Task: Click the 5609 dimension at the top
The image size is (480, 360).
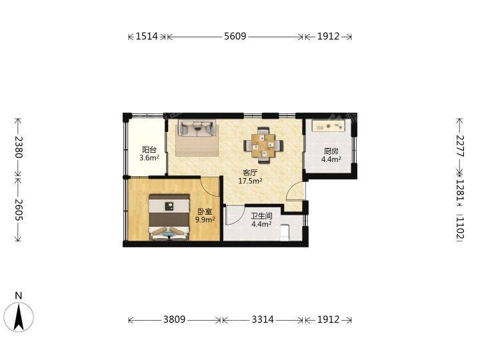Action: tap(235, 37)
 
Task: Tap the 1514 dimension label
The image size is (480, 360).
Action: tap(147, 37)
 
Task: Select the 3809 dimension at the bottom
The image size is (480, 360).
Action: tap(174, 319)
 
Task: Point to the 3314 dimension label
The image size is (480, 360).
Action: tap(263, 319)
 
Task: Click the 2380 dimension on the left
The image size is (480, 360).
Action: tap(19, 147)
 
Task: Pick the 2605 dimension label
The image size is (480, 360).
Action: tap(19, 210)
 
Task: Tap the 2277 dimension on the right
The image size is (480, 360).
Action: tap(460, 146)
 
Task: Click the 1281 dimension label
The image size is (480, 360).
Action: tap(460, 190)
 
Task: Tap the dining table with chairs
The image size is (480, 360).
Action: tap(263, 145)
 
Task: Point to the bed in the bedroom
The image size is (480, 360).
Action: tap(169, 217)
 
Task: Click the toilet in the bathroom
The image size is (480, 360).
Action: tap(285, 233)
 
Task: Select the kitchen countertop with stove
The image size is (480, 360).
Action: tap(329, 126)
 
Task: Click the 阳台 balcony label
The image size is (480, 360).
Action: tap(149, 150)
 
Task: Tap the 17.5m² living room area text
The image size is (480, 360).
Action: tap(250, 181)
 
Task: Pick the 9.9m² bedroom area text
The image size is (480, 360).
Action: tap(205, 219)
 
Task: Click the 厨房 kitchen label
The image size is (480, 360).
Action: tap(331, 151)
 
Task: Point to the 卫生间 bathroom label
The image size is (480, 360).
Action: tap(262, 216)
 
